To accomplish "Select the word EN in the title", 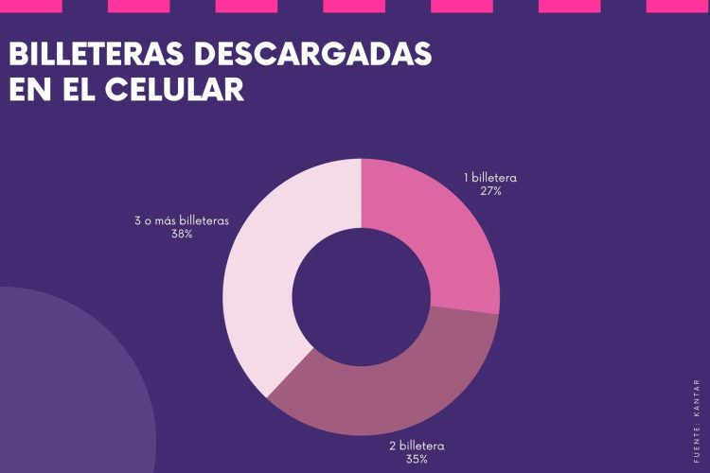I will [x=28, y=89].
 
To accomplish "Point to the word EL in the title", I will [x=75, y=89].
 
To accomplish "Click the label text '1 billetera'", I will [x=489, y=177].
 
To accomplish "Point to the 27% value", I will [x=490, y=190].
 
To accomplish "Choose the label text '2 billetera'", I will [x=417, y=446].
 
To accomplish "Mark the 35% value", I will [x=417, y=459].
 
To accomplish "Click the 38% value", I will [x=182, y=234].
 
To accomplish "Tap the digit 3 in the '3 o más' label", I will [x=138, y=220].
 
